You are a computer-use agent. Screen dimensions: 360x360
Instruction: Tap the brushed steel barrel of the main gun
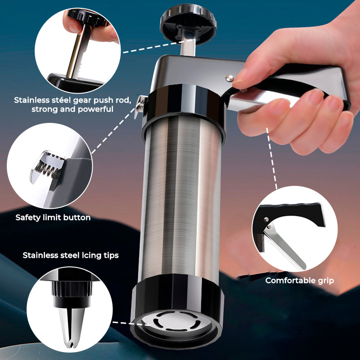click(180, 202)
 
